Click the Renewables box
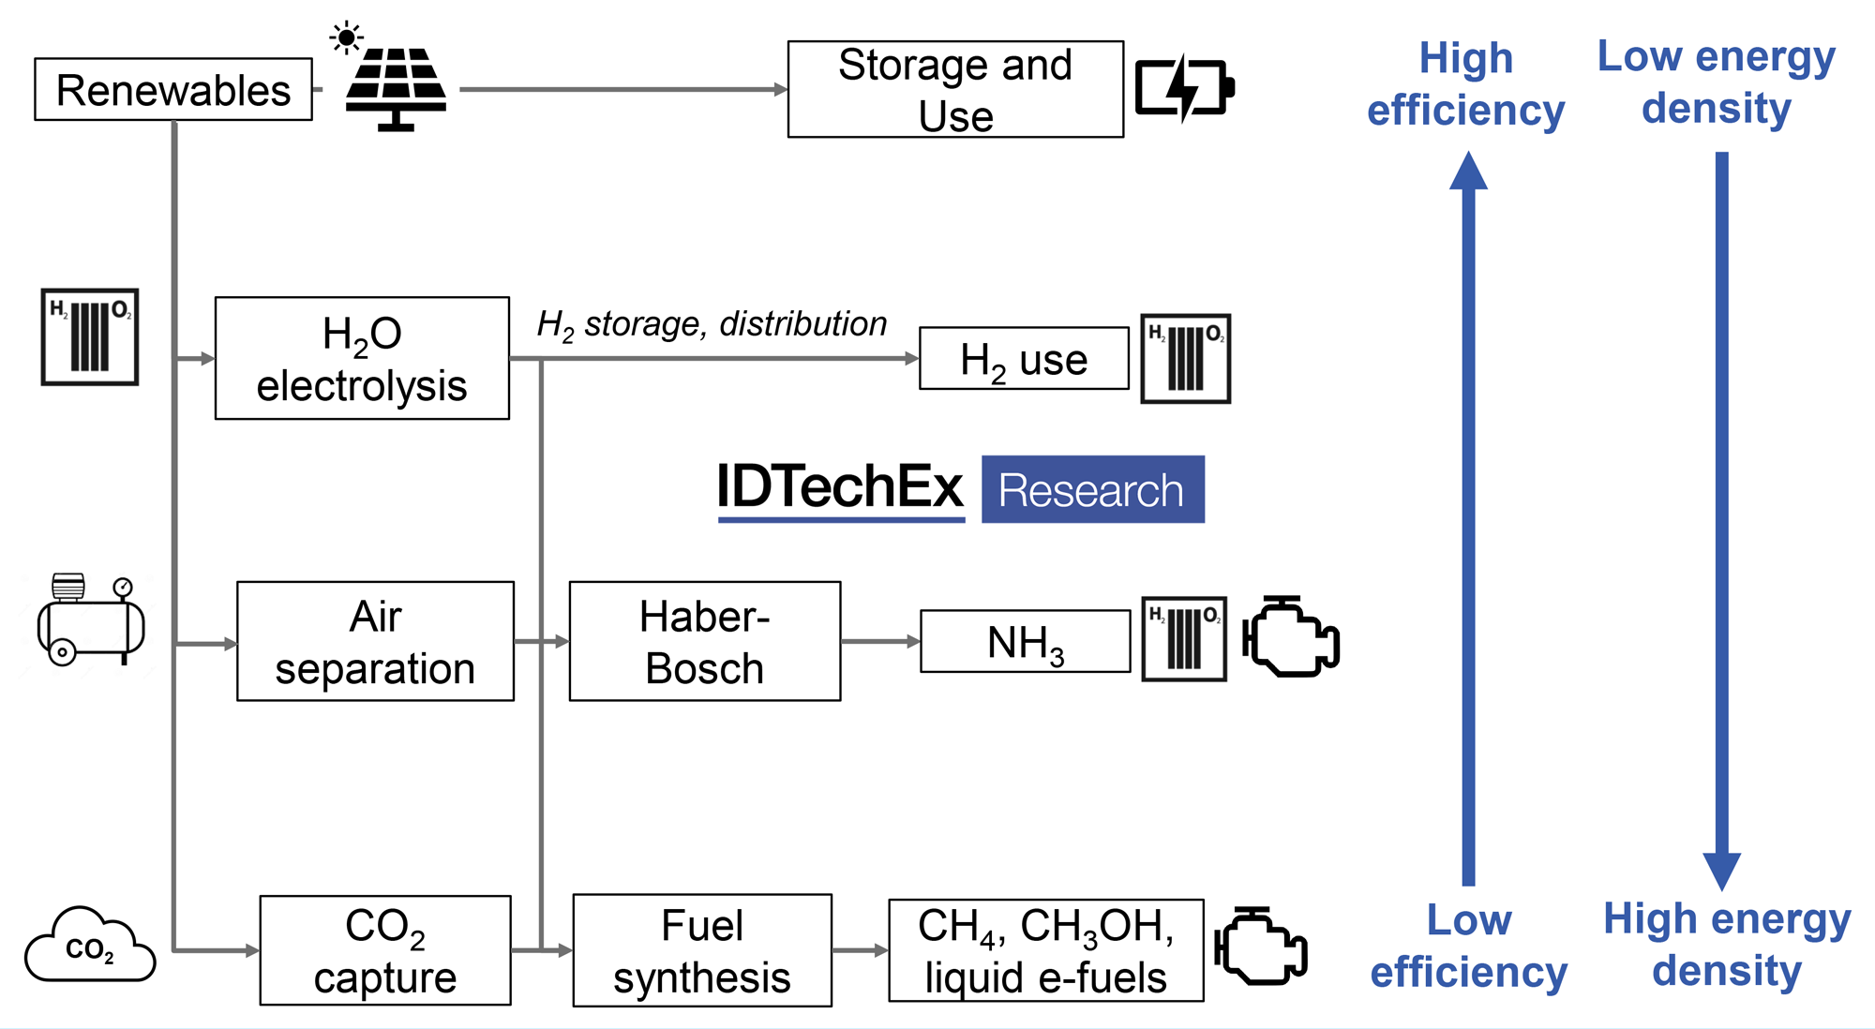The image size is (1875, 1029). click(173, 90)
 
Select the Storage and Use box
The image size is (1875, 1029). click(955, 90)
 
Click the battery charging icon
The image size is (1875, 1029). click(1184, 88)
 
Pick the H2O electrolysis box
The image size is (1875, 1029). click(362, 359)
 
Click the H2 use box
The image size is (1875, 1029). click(1024, 359)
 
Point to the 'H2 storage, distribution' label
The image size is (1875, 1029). click(712, 324)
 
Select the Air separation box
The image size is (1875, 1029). click(375, 642)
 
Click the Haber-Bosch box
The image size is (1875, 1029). click(704, 642)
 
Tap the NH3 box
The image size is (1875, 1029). click(1026, 642)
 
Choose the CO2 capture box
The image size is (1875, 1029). click(385, 951)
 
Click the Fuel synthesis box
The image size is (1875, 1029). click(702, 951)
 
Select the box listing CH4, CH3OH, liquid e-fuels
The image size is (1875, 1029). click(1046, 951)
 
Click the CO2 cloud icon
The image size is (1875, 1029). click(90, 946)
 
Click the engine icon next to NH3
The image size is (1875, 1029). click(1291, 637)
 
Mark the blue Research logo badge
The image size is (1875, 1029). click(1093, 490)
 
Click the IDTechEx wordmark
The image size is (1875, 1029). click(840, 488)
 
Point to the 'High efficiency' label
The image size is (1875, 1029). click(1466, 84)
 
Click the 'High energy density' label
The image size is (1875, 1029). click(1727, 945)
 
